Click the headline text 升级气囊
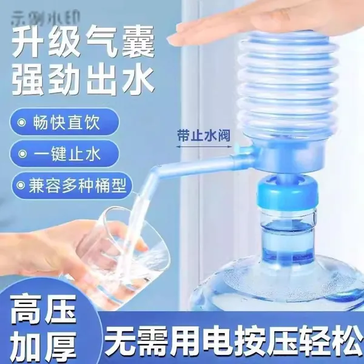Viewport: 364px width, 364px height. [83, 42]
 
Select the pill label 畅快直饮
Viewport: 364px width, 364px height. [66, 122]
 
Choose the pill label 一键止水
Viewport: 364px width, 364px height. [67, 153]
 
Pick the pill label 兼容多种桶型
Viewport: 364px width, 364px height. [78, 185]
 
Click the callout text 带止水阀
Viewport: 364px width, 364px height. [204, 135]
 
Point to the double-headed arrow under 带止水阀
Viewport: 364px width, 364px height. [204, 146]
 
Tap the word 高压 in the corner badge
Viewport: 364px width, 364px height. [44, 309]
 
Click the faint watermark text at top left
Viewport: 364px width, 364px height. [45, 18]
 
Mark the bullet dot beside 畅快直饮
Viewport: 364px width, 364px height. [22, 123]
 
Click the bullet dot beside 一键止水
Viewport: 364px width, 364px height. [22, 154]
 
